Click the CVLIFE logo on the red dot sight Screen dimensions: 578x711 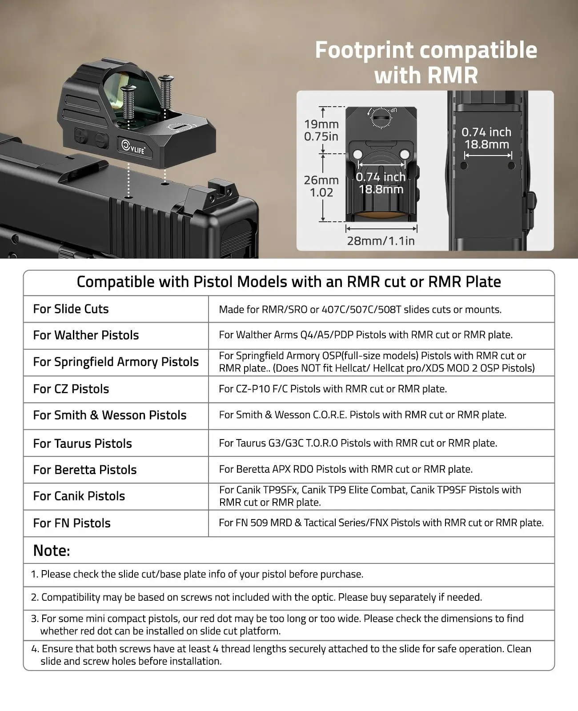pos(133,147)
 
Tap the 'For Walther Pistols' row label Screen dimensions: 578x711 pos(86,335)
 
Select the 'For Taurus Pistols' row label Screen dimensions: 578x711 pos(82,443)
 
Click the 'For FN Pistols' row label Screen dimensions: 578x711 pos(72,523)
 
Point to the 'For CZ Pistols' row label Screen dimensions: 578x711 pos(71,389)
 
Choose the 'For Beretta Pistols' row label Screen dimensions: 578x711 pos(85,470)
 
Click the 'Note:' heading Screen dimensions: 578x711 pos(52,551)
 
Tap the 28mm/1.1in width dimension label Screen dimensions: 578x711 pos(381,241)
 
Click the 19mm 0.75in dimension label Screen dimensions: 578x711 pos(321,130)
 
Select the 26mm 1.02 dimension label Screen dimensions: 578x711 pos(321,186)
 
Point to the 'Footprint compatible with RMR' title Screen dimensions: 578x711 pos(426,62)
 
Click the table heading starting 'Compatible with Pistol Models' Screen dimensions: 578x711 pos(289,282)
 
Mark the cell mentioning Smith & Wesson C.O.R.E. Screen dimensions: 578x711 pos(363,415)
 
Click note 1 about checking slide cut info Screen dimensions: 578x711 pos(197,574)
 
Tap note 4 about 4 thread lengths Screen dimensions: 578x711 pos(281,655)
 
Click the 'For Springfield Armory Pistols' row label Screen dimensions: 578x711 pos(116,362)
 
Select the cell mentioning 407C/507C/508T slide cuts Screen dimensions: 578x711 pos(360,309)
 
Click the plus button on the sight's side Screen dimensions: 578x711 pos(80,136)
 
